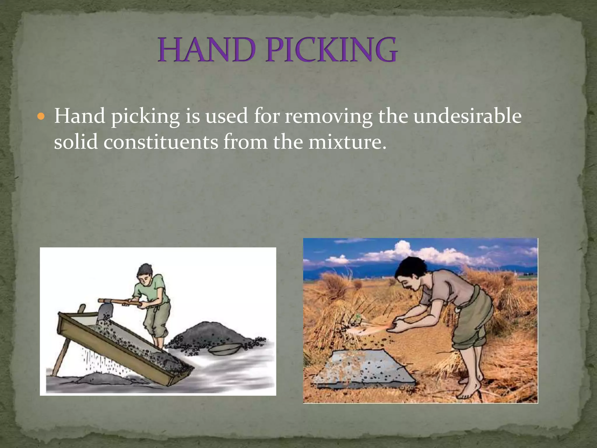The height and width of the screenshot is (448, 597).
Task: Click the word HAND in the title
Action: (206, 51)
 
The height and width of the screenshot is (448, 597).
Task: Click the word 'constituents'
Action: (161, 142)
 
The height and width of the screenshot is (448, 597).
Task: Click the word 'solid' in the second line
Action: (75, 142)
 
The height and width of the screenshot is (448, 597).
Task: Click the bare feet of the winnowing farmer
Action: (469, 389)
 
